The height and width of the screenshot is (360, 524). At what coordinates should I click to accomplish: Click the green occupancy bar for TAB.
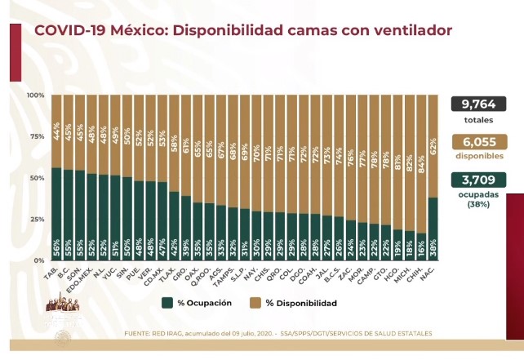tap(56, 214)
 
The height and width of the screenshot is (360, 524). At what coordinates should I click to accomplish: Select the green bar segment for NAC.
tap(433, 229)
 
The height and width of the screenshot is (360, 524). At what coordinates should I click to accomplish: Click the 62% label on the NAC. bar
tap(433, 148)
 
